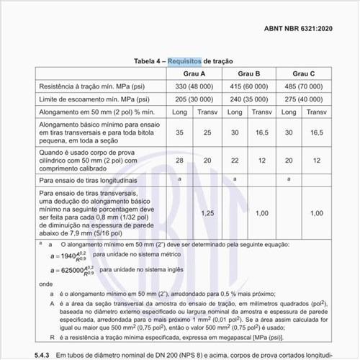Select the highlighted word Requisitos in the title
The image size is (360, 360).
tap(185, 62)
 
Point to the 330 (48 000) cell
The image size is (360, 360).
tap(192, 86)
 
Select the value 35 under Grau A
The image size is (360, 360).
tap(179, 132)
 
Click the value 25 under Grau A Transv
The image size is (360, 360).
tap(207, 132)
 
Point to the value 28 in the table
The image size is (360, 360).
tap(179, 160)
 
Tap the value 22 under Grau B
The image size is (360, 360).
tap(235, 160)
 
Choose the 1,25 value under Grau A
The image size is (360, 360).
tap(207, 213)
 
